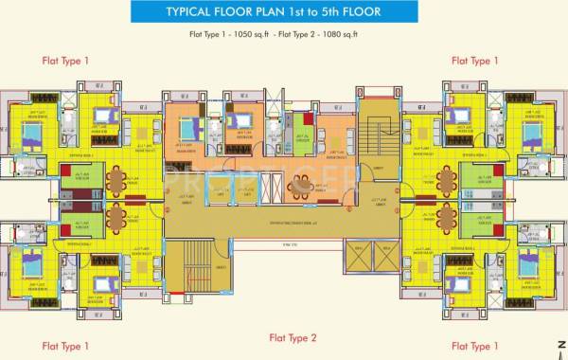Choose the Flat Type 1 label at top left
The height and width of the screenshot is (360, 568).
[x=65, y=60]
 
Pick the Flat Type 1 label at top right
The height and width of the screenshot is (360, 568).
[x=475, y=60]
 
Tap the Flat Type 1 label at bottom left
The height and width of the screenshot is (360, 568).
[x=65, y=346]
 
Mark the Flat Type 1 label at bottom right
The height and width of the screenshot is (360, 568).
[x=475, y=346]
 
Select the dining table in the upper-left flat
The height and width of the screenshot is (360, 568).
[x=117, y=178]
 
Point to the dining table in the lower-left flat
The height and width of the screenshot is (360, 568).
[x=117, y=218]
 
